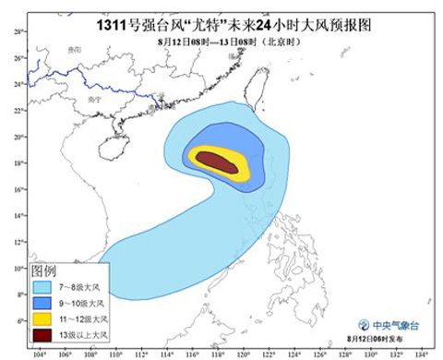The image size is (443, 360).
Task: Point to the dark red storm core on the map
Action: pyautogui.click(x=215, y=161)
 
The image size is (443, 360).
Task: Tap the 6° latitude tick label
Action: pyautogui.click(x=19, y=320)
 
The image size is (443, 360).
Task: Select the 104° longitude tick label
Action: pyautogui.click(x=38, y=352)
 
